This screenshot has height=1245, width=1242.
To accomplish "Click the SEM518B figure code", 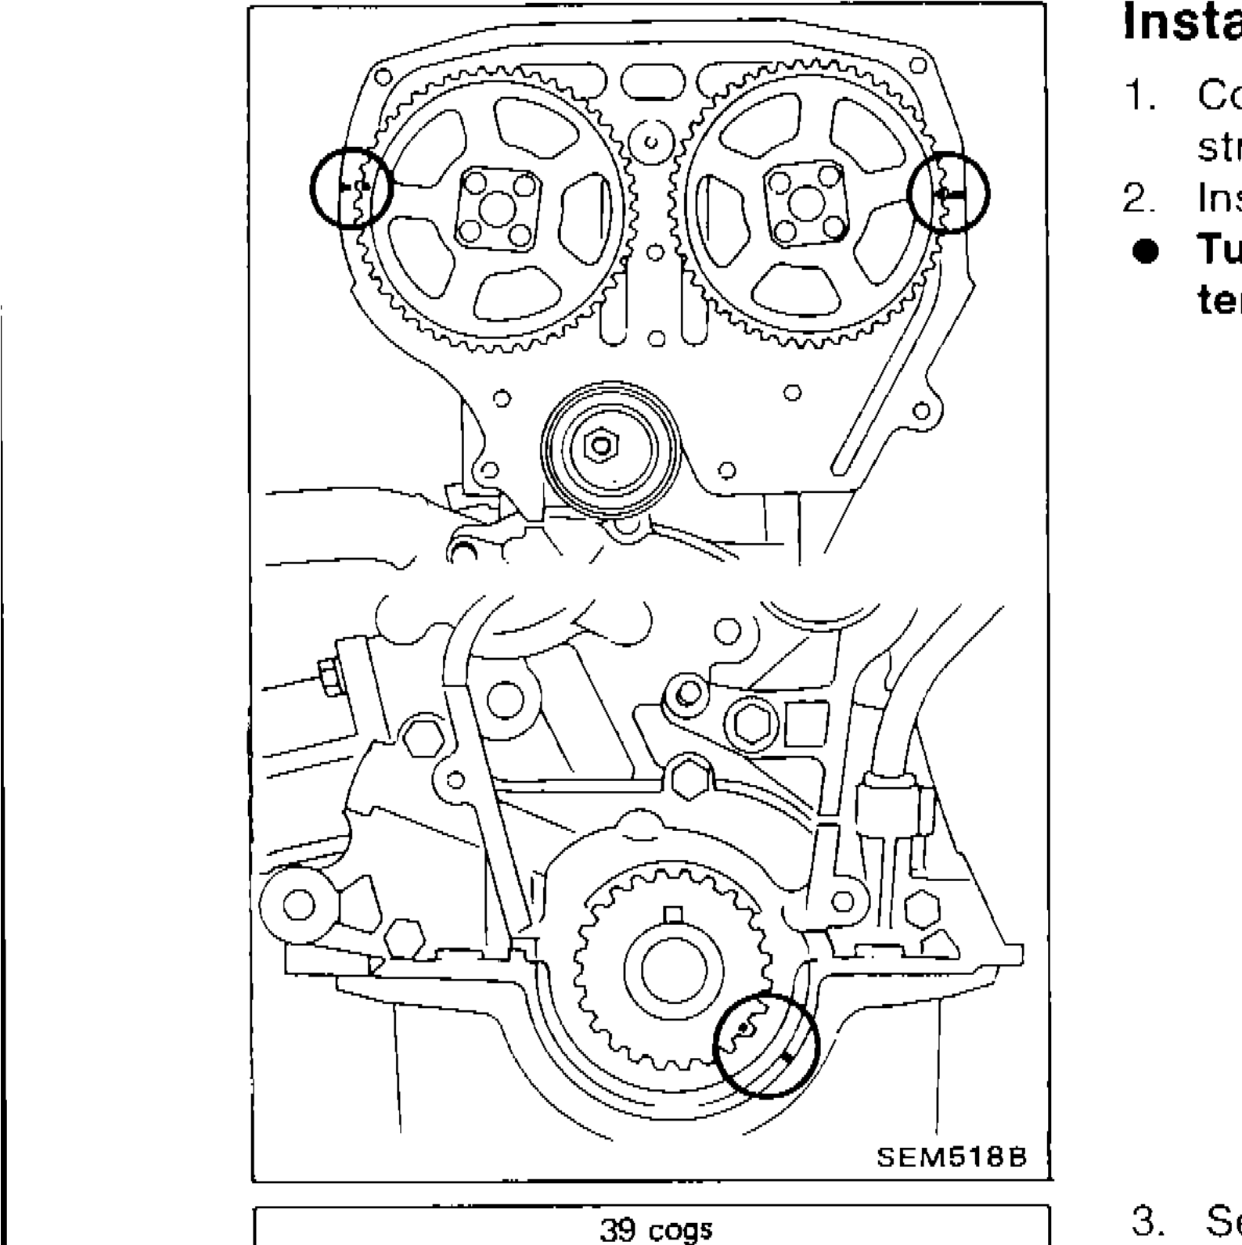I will pyautogui.click(x=950, y=1157).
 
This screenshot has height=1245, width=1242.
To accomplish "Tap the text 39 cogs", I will pyautogui.click(x=656, y=1230).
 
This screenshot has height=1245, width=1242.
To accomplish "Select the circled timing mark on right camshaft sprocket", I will pyautogui.click(x=949, y=193).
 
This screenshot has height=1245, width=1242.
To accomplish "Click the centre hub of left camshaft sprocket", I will pyautogui.click(x=499, y=209).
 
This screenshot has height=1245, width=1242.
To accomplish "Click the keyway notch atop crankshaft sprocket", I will pyautogui.click(x=674, y=913).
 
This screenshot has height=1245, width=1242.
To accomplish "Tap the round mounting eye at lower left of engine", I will pyautogui.click(x=297, y=905).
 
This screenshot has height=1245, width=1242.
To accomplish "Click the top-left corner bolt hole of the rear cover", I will pyautogui.click(x=382, y=78).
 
